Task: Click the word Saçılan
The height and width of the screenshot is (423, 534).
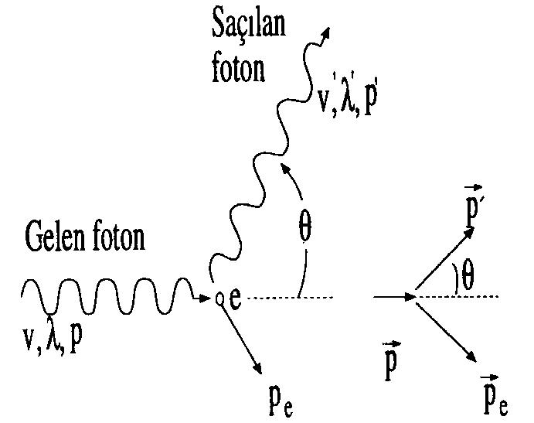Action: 248,22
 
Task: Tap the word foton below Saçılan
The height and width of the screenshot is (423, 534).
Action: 238,69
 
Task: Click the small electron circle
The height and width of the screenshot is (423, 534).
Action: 219,298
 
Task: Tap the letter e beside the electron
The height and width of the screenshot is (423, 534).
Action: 235,298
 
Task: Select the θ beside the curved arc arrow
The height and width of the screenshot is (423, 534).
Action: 304,227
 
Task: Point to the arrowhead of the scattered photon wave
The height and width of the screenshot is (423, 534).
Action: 325,33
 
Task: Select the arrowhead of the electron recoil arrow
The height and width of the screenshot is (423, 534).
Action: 257,368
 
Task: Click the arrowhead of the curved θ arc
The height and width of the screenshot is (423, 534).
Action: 284,168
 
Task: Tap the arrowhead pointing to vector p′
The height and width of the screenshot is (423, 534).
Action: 470,232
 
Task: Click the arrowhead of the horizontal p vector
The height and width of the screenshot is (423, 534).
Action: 410,297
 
